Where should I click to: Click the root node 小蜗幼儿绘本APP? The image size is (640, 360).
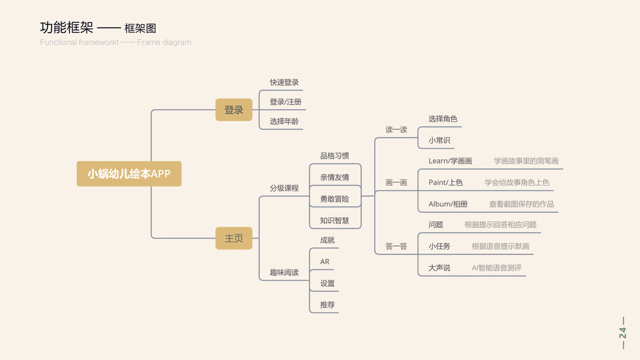coord(129,174)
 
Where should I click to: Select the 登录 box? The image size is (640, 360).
coord(234,110)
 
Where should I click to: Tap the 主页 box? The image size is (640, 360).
coord(234,238)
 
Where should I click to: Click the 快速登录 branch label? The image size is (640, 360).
coord(284,82)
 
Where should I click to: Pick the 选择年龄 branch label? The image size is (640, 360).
coord(284,121)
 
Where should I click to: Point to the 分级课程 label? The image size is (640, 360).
coord(284,188)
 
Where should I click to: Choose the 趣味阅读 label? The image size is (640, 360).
coord(284,272)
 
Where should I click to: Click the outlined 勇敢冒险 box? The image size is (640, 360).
coord(334,199)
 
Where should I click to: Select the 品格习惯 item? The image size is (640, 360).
coord(334,156)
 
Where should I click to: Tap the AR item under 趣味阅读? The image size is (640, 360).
coord(325,262)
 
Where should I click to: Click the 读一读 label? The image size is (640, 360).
coord(396,130)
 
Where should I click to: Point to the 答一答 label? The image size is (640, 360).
coord(396,246)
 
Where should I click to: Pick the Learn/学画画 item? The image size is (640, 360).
coord(450,161)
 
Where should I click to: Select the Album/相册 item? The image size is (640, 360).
coord(448,204)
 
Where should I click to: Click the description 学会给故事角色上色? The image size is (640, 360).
coord(517,182)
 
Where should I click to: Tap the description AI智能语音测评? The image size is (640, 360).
coord(497,268)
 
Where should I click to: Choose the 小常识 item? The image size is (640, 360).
coord(439,140)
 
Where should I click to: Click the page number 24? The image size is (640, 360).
coord(623,333)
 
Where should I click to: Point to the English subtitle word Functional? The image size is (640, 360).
coord(58,43)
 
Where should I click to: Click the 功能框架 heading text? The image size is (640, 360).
coord(67,28)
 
